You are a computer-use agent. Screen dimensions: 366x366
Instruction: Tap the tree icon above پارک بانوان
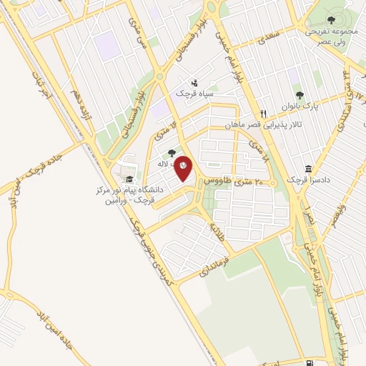click(x=300, y=94)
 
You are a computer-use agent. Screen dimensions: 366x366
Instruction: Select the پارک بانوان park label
click(x=300, y=107)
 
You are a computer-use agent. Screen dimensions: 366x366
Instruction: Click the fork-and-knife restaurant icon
click(x=263, y=114)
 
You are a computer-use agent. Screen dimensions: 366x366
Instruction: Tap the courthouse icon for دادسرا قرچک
click(x=308, y=169)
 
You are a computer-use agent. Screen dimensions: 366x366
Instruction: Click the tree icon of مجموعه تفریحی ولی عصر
click(x=330, y=20)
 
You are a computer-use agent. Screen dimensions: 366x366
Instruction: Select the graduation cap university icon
click(x=129, y=179)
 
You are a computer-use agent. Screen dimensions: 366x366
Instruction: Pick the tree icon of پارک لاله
click(x=171, y=152)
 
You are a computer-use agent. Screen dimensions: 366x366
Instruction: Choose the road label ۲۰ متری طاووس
click(x=230, y=182)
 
